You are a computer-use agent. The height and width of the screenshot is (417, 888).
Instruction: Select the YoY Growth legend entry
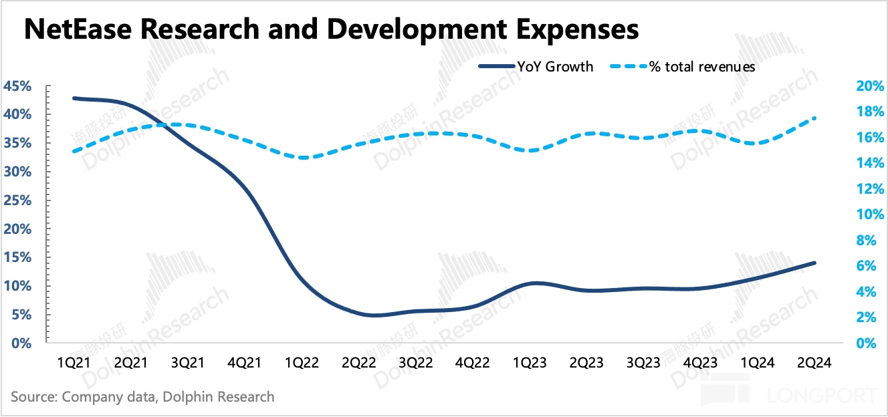pyautogui.click(x=536, y=67)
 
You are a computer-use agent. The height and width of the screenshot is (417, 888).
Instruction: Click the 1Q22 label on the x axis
pyautogui.click(x=302, y=363)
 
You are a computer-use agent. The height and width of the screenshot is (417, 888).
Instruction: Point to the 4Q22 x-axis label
pyautogui.click(x=473, y=363)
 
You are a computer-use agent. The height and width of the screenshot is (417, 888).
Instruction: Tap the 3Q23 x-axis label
pyautogui.click(x=644, y=363)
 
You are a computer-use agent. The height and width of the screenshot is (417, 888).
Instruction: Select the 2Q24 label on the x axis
pyautogui.click(x=814, y=363)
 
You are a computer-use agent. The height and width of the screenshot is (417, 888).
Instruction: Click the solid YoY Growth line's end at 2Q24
pyautogui.click(x=814, y=263)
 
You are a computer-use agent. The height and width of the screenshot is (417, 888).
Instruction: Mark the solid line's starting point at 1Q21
pyautogui.click(x=74, y=98)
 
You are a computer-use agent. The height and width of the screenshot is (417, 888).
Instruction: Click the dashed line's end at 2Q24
pyautogui.click(x=814, y=118)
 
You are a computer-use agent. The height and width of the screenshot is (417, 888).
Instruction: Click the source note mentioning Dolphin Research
pyautogui.click(x=142, y=396)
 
